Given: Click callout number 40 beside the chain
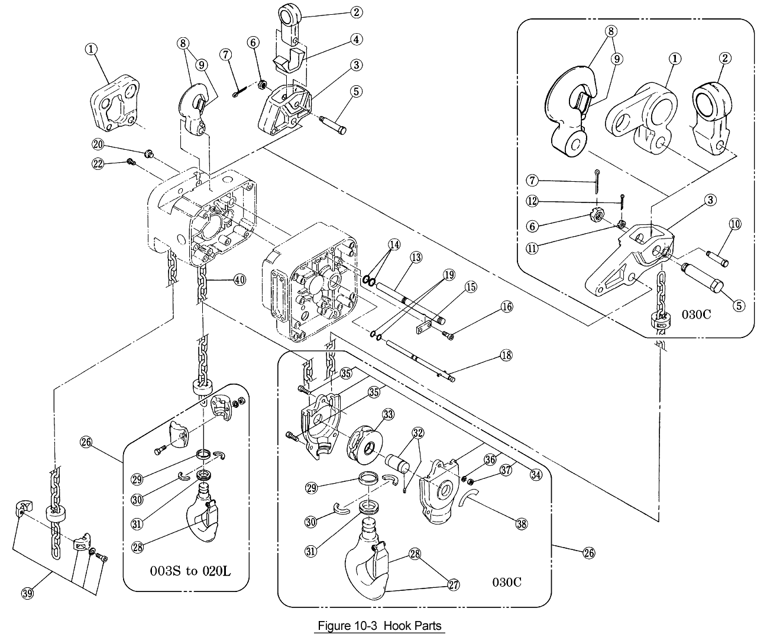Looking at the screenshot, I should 239,280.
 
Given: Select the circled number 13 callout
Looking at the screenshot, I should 416,257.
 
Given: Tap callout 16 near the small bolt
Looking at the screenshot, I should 506,307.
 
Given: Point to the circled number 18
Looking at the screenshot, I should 506,355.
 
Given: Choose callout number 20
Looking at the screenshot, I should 98,144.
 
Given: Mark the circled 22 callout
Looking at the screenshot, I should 98,163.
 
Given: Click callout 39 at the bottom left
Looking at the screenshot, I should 27,594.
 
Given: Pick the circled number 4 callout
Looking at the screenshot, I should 357,39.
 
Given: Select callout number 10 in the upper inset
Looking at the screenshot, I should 735,224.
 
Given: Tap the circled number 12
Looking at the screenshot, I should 532,201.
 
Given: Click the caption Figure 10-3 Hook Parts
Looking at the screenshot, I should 379,625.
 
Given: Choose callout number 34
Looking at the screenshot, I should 536,474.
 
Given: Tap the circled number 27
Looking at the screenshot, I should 454,585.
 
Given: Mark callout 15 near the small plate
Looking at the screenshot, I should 471,287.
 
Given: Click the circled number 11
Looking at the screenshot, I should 532,249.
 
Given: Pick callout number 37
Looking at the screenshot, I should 506,470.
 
